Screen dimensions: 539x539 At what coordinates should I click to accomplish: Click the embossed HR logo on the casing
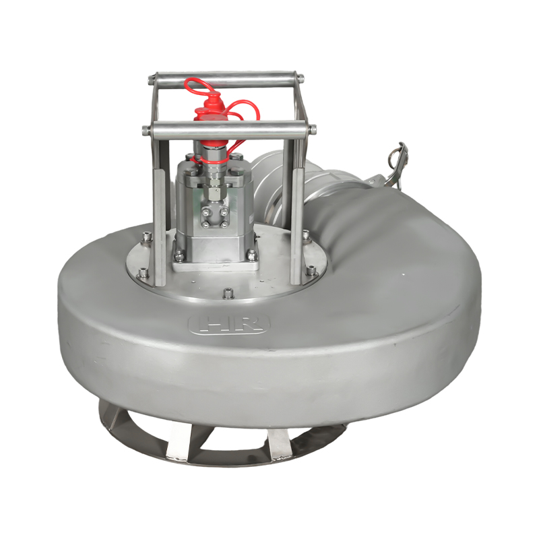(x=229, y=323)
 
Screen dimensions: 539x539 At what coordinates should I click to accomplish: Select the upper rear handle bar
(x=226, y=77)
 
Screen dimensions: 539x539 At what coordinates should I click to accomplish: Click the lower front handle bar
(x=229, y=129)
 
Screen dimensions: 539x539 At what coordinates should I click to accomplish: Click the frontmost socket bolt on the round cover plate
(x=228, y=294)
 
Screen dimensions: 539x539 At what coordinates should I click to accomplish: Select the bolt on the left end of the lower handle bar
(x=146, y=130)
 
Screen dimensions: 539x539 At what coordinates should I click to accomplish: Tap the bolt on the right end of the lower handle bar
(x=313, y=130)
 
